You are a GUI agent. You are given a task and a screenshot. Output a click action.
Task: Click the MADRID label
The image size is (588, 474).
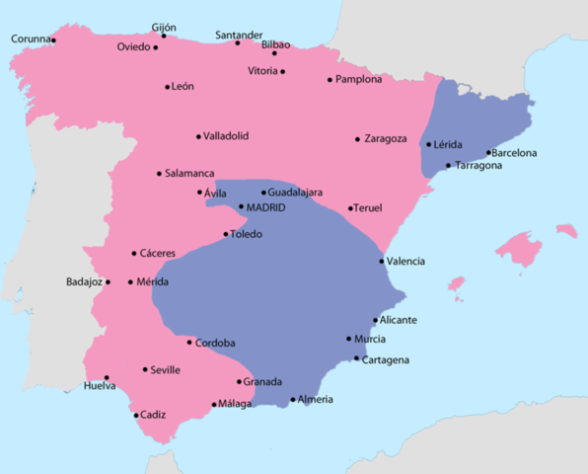265,207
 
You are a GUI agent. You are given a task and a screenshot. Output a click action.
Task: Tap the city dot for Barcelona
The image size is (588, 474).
489,153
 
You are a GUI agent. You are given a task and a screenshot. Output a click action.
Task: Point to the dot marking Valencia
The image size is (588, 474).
382,261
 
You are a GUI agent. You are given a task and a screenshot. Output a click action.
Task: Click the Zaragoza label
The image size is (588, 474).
386,138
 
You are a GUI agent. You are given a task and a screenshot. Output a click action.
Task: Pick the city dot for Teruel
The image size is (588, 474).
350,208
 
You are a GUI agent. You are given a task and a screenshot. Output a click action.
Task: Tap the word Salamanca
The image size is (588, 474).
189,173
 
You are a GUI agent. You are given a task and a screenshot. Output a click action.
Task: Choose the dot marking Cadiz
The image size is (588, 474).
136,415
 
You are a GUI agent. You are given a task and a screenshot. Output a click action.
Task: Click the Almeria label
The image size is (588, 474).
316,399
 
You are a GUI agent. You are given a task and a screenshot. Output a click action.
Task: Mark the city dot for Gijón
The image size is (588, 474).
164,36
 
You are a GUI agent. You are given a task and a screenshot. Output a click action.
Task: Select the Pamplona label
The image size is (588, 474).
358,79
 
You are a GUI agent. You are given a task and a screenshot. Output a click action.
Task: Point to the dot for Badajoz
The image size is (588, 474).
108,282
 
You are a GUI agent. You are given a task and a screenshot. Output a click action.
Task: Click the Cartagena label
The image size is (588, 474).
386,359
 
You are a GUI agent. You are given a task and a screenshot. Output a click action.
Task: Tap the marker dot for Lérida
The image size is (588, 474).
428,145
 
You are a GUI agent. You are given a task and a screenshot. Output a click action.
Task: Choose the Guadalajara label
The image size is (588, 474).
295,192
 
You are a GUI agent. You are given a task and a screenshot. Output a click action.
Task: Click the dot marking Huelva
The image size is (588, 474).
107,377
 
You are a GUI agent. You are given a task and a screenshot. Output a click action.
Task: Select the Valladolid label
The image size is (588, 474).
227,135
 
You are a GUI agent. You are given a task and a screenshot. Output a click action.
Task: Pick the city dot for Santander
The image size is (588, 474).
237,42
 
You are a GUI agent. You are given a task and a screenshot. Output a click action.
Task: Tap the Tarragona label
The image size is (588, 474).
479,165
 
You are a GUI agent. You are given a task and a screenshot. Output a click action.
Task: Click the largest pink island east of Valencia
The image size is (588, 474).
518,248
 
